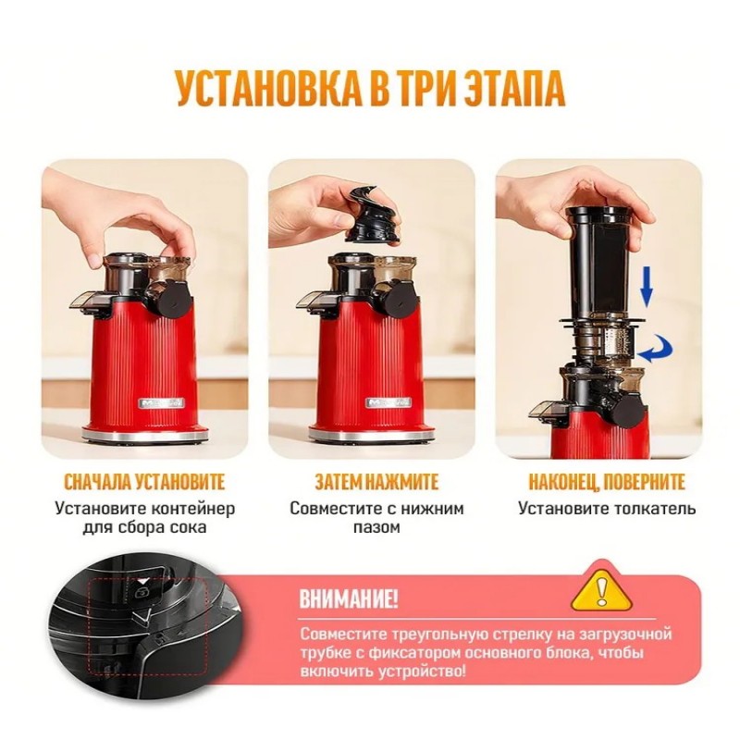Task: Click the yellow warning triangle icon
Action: tap(600, 586)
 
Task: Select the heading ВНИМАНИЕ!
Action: tap(350, 599)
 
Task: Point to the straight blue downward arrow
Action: tap(646, 287)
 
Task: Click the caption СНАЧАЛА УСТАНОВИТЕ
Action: tap(144, 482)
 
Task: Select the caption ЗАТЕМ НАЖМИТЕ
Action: tap(376, 482)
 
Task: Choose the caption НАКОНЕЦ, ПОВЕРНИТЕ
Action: tap(607, 482)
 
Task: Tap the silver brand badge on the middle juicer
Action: tap(388, 403)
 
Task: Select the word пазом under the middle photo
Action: tap(376, 527)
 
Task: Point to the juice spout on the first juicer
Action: tap(90, 301)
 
